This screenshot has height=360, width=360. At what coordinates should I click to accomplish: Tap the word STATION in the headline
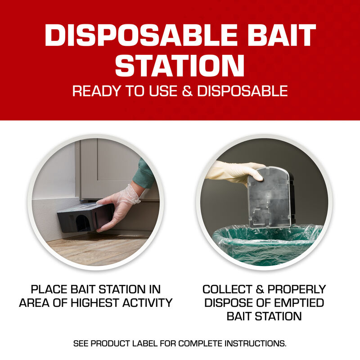180,65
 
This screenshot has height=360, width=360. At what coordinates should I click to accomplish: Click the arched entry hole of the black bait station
82,222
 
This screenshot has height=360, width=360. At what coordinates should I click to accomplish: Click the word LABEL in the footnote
161,343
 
